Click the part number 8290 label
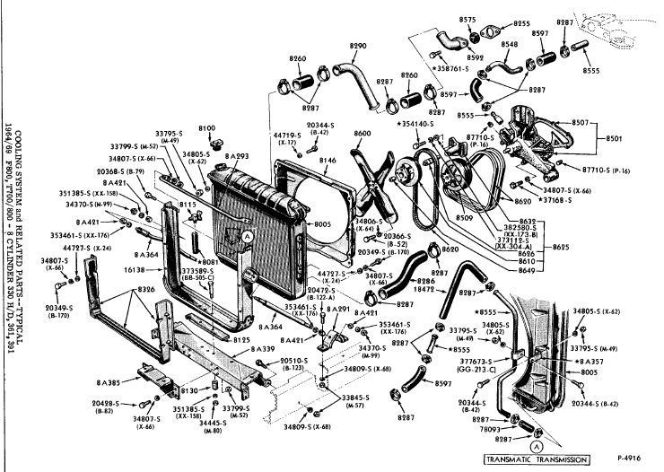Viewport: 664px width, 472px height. [x=358, y=46]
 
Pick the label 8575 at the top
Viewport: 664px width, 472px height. [x=467, y=19]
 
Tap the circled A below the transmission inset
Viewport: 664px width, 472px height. [x=537, y=445]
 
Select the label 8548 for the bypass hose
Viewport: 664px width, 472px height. [x=509, y=43]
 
